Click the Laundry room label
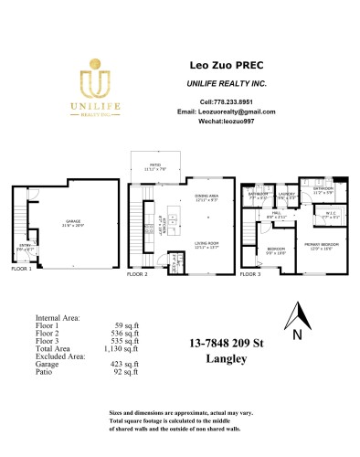pos(288,194)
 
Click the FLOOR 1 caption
pos(21,270)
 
